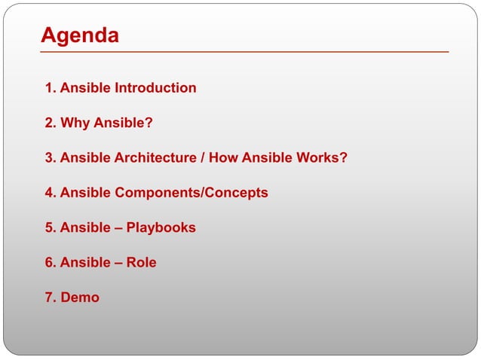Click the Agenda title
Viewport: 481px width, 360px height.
point(79,35)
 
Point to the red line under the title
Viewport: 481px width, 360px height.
point(244,52)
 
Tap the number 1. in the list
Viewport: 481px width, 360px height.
point(51,88)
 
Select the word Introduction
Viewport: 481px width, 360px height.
point(155,88)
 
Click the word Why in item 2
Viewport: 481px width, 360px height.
point(75,123)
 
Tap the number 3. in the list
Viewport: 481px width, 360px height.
point(51,158)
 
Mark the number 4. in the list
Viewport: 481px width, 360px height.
point(51,193)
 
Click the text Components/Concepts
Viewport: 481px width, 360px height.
point(191,193)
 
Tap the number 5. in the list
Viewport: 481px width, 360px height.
point(51,227)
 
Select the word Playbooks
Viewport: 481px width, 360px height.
point(161,227)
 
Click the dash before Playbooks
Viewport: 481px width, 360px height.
point(118,227)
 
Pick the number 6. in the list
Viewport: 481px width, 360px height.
point(51,263)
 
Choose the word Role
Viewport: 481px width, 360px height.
point(142,263)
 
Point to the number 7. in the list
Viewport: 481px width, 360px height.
point(51,297)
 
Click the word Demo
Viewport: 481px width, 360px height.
point(80,297)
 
